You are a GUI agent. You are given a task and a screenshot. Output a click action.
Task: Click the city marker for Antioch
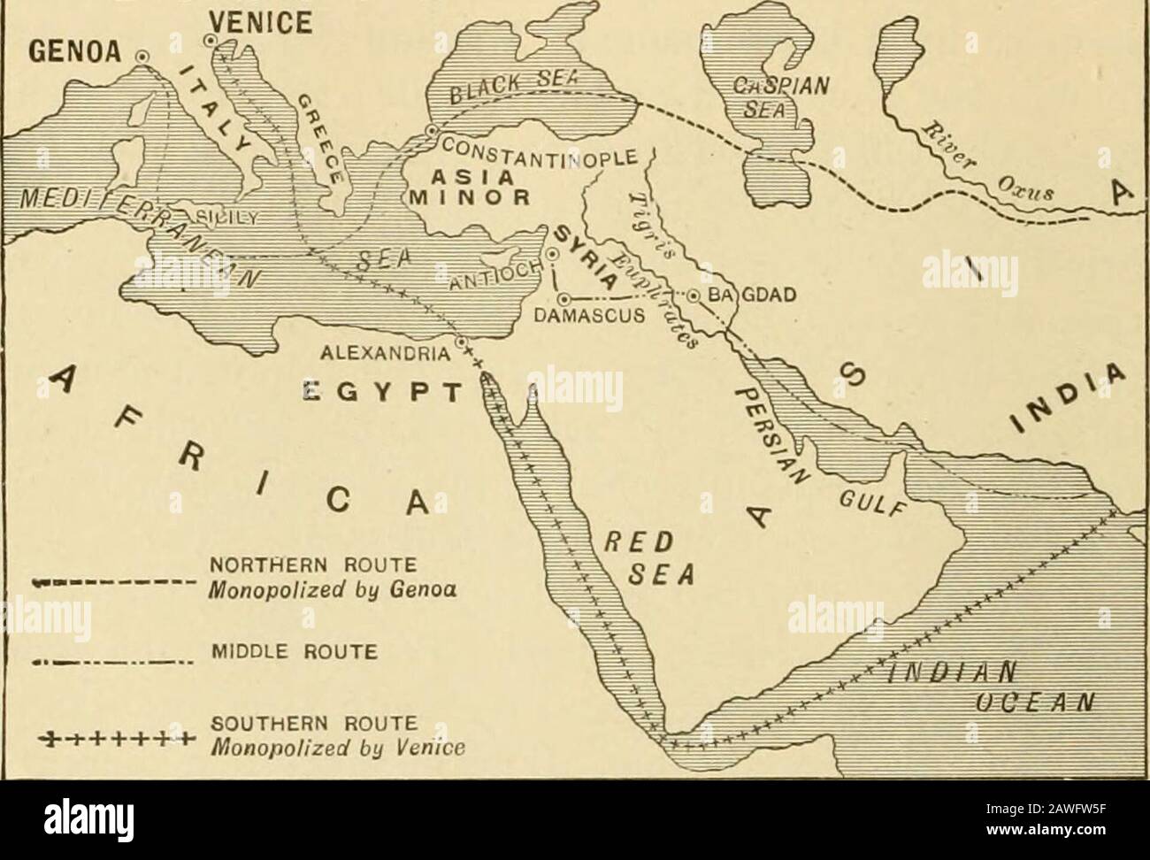[553, 254]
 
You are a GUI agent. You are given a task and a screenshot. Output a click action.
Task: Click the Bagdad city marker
[694, 296]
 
